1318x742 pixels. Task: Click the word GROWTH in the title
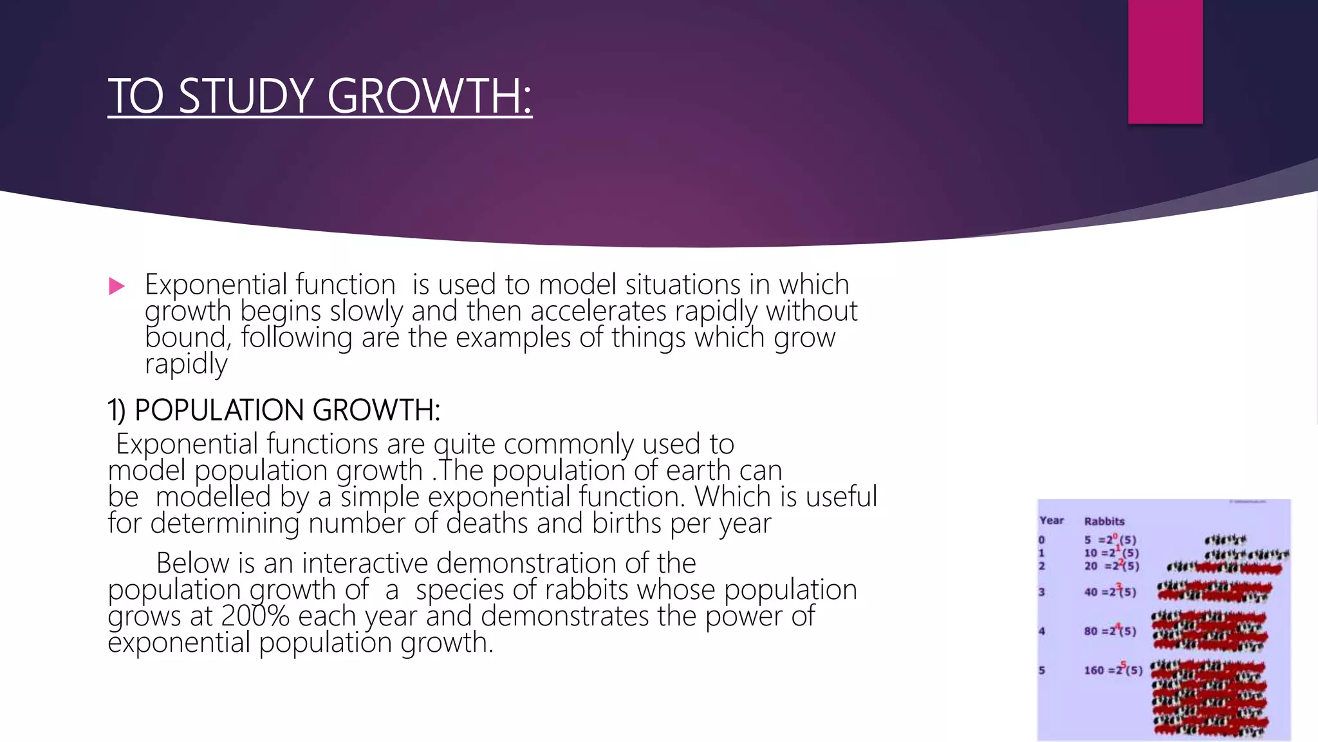point(429,96)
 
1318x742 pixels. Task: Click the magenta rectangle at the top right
point(1165,61)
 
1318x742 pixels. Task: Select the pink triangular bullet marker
point(116,286)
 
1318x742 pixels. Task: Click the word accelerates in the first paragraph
point(598,311)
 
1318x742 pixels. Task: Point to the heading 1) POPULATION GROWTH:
point(274,410)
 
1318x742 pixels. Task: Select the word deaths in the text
point(487,522)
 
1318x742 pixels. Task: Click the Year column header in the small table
point(1052,520)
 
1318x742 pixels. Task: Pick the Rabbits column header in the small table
point(1104,521)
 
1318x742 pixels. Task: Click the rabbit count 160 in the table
point(1093,670)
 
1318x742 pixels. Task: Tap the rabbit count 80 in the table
point(1090,631)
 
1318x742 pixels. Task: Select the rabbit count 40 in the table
point(1090,591)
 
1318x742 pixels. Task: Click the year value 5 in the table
point(1042,670)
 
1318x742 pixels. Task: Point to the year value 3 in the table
point(1042,591)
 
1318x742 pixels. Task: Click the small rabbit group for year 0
point(1225,540)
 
